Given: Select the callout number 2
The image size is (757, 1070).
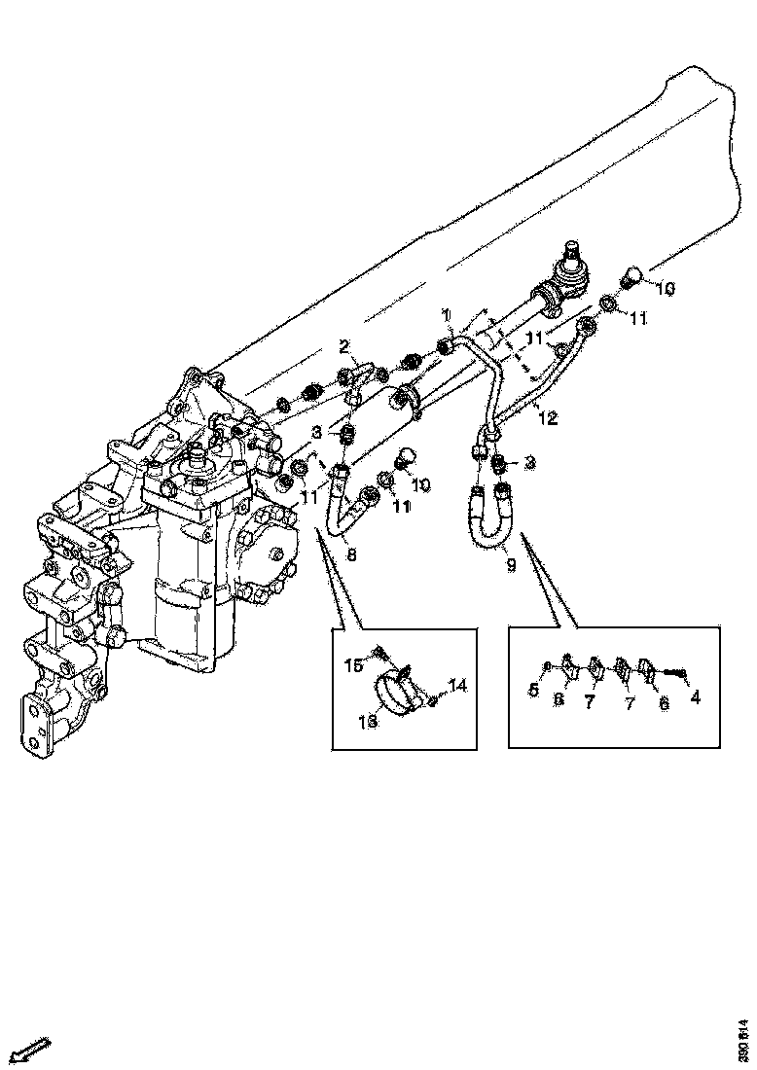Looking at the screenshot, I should (x=343, y=345).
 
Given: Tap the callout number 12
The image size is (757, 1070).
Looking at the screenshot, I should (x=549, y=419).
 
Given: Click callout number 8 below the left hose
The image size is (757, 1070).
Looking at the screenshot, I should (x=350, y=555).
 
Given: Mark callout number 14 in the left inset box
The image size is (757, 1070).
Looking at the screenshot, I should (x=458, y=686).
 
